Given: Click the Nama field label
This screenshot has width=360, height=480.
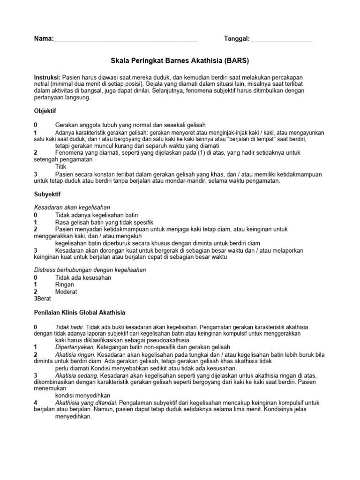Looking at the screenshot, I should click(43, 38).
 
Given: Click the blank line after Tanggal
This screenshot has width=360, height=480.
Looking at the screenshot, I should click(281, 41).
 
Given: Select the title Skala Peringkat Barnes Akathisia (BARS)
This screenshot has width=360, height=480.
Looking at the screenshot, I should click(180, 61).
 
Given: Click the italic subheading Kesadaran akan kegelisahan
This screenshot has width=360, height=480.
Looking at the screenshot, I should click(72, 207).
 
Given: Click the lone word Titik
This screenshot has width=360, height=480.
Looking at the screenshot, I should click(61, 166).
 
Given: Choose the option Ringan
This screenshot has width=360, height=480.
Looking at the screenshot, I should click(65, 284).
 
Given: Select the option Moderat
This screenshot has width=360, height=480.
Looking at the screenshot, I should click(67, 291).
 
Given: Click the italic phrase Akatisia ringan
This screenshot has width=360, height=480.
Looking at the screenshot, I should click(75, 354).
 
